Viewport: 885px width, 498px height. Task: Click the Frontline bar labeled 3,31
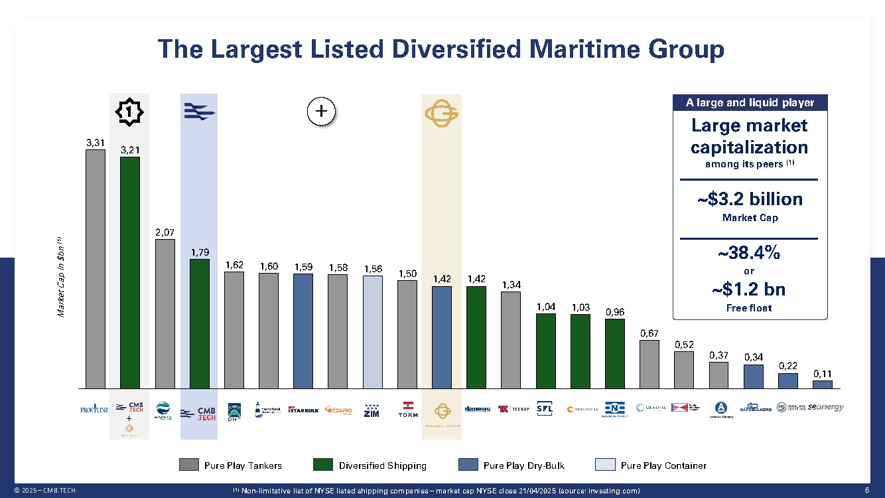coord(96,268)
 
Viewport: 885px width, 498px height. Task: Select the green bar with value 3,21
coord(130,272)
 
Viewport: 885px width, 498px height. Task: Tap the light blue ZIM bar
coord(373,331)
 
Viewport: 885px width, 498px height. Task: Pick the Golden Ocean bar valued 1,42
coord(442,337)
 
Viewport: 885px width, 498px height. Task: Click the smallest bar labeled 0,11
coord(823,384)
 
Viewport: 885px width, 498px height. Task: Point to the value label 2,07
coord(165,232)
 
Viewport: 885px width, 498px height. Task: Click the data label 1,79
coord(200,252)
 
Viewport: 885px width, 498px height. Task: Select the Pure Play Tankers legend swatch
coord(189,465)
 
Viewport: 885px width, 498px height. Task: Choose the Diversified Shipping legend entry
coord(382,465)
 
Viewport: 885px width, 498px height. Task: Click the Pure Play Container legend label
coord(663,465)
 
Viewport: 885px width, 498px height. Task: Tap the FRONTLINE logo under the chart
coord(94,409)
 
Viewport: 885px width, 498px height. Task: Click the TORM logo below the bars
coord(407,409)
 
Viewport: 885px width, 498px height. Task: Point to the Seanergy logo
coord(825,408)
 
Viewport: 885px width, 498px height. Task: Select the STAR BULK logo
coord(304,410)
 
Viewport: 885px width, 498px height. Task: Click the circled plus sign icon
coord(322,112)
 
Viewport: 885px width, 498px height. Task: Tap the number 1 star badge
coord(129,112)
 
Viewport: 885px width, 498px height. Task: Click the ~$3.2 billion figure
coord(750,199)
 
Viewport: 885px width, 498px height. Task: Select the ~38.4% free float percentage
coord(749,253)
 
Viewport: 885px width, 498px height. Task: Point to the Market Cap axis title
coord(60,276)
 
